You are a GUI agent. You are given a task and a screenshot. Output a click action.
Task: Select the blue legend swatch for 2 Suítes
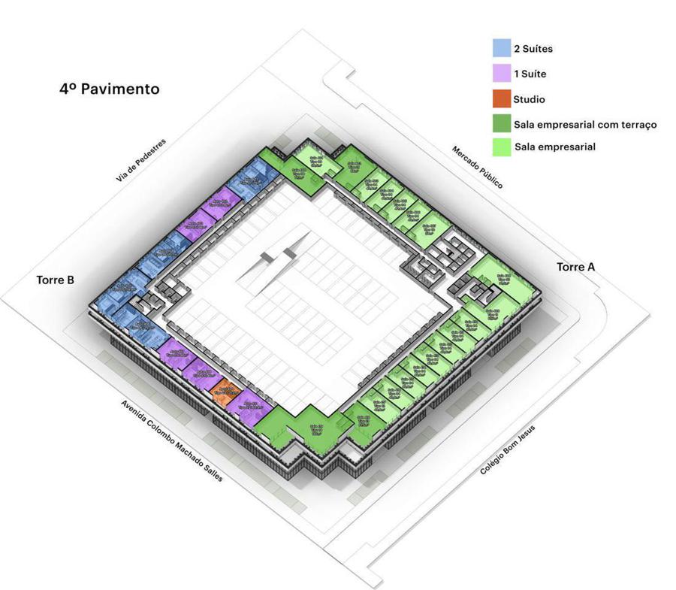tap(501, 49)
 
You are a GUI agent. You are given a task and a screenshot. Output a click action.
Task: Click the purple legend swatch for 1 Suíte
tap(501, 74)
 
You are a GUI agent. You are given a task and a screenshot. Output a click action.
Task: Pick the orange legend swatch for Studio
tap(501, 98)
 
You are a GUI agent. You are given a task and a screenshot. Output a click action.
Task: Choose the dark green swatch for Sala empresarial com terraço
tap(501, 123)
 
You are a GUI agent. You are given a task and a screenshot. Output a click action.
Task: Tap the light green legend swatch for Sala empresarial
tap(501, 147)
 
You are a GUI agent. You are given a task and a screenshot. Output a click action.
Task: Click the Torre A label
tap(575, 268)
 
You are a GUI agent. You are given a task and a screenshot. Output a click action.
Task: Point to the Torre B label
tap(55, 280)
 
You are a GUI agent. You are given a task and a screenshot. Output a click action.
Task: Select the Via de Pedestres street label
tap(140, 160)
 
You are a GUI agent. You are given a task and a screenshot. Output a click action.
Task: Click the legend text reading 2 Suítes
tap(533, 49)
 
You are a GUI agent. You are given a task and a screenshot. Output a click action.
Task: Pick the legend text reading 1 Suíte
tap(530, 74)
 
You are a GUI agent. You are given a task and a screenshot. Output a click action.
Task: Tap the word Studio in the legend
tap(530, 98)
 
